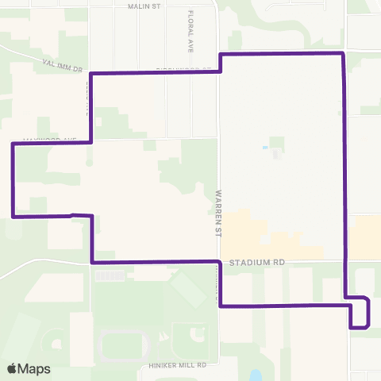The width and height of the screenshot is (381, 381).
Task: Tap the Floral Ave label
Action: tap(191, 27)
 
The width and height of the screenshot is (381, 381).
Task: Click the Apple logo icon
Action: tap(12, 368)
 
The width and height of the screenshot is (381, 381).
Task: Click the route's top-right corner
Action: tap(341, 53)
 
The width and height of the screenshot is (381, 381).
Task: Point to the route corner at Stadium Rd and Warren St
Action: tap(220, 261)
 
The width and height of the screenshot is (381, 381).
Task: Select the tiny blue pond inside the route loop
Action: tap(264, 148)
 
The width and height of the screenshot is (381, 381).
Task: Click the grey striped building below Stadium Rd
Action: tap(109, 276)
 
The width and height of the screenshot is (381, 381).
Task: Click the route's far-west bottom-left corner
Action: tap(13, 215)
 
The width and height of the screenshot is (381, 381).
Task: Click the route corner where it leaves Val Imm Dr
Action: tap(92, 74)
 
